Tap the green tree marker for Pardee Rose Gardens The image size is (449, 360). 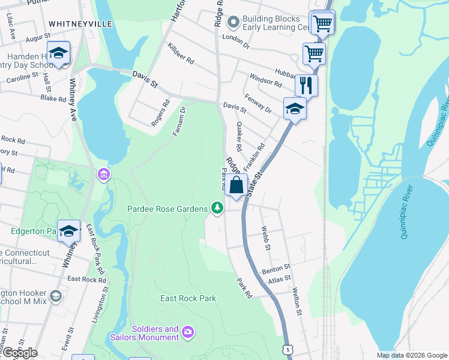(x=217, y=209)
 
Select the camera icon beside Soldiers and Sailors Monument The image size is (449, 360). (x=188, y=332)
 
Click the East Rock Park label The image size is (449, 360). (x=188, y=298)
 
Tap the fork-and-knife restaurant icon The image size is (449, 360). (x=306, y=85)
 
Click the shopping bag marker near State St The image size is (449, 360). (x=237, y=184)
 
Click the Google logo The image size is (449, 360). (x=19, y=353)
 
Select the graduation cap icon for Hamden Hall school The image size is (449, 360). (x=59, y=53)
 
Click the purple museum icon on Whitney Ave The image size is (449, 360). (x=103, y=175)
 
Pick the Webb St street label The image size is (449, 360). (x=267, y=238)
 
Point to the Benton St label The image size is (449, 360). (x=276, y=269)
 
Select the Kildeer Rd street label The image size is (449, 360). (x=181, y=53)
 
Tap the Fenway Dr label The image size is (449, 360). (x=258, y=103)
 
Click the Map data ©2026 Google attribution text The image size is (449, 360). (x=412, y=355)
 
